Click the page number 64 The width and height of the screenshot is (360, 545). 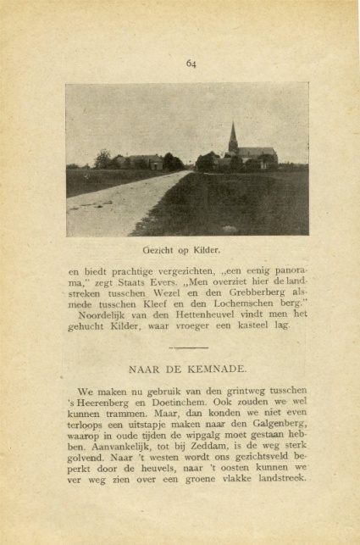point(191,63)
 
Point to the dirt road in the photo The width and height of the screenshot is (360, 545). point(127,208)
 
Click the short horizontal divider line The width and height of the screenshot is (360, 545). point(187,348)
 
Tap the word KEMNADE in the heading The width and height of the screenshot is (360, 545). point(213,369)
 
